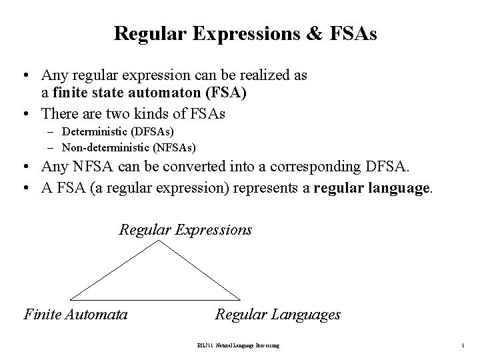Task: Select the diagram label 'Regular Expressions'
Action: click(185, 230)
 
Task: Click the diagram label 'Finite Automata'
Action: click(75, 314)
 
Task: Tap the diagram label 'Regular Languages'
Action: click(277, 314)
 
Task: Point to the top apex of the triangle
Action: click(158, 241)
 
